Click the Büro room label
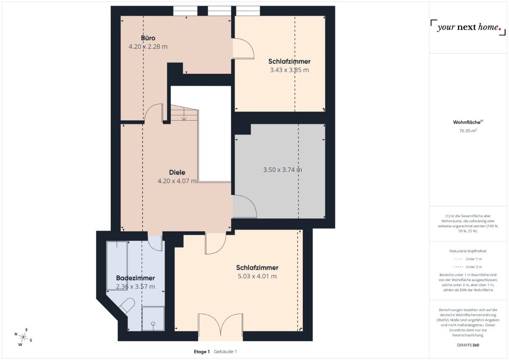coord(148,38)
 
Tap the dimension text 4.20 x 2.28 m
coord(148,47)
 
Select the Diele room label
coord(177,172)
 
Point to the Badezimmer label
coord(135,278)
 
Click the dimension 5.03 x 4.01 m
coord(257,276)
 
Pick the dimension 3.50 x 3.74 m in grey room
coord(282,170)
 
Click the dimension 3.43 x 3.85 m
coord(289,70)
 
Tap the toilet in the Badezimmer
coord(127,306)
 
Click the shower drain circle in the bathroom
coord(153,323)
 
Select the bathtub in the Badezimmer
coord(117,265)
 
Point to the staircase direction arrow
coord(184,116)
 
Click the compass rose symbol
coord(23,337)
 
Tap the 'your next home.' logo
coord(468,28)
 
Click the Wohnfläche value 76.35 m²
coord(468,131)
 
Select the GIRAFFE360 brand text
coord(468,345)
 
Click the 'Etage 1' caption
coord(202,352)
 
